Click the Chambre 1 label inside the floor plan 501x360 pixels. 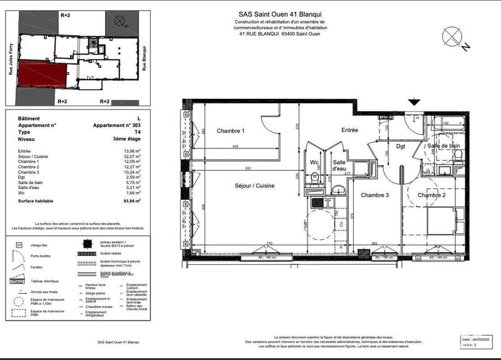pos(230,131)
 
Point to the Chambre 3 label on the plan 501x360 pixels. pos(375,196)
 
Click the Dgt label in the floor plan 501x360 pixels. pos(401,147)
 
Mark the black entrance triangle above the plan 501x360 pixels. pos(414,102)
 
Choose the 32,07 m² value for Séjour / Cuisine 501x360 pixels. pos(132,157)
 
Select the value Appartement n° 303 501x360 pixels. pos(117,125)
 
